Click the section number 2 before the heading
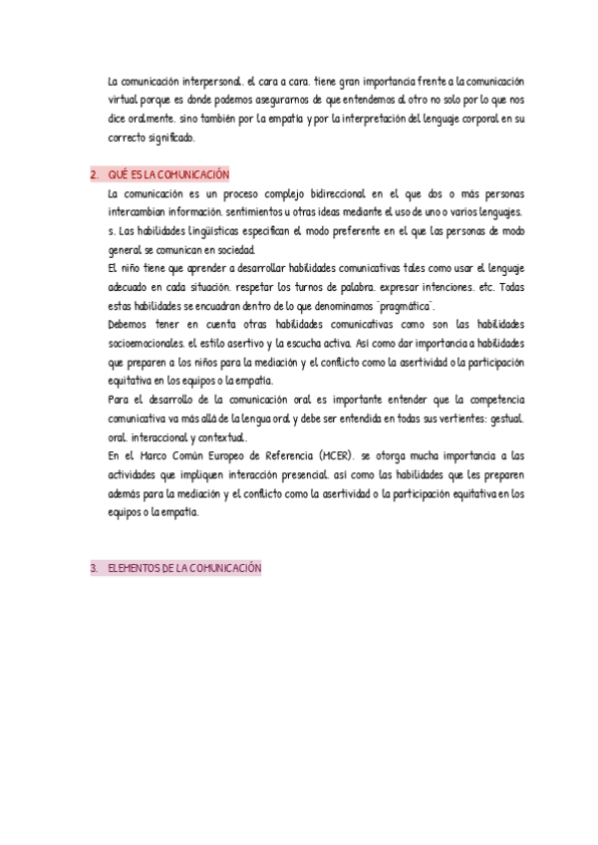point(93,174)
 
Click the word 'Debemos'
point(128,327)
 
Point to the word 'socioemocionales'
point(145,346)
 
